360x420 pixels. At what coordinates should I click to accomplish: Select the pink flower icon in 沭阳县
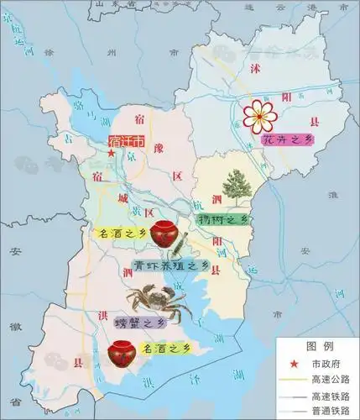(258, 114)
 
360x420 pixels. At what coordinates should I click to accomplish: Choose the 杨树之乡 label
(223, 219)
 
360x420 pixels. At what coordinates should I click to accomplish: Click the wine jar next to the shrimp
(164, 234)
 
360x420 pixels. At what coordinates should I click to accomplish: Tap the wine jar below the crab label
(123, 353)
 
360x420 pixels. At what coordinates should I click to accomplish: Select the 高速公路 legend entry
(328, 378)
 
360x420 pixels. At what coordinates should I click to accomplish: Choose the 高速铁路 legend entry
(328, 395)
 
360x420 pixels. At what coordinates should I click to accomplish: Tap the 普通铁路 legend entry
(328, 411)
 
